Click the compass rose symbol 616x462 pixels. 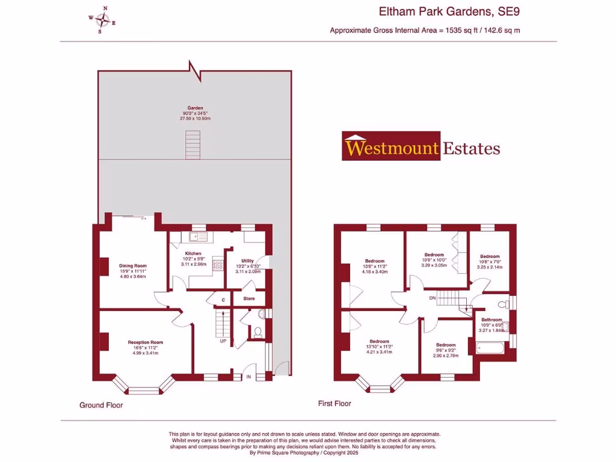tap(103, 20)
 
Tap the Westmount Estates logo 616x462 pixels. tap(421, 146)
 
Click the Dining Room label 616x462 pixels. tap(133, 265)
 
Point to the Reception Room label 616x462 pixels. tap(145, 342)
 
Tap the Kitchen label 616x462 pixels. tap(193, 253)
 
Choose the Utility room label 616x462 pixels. tap(247, 260)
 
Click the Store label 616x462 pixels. tap(249, 298)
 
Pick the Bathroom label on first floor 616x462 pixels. tap(491, 319)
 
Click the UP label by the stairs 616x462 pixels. tap(223, 341)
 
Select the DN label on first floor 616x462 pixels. tap(432, 298)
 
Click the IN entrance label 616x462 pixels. tap(248, 377)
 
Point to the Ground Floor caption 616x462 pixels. tap(101, 405)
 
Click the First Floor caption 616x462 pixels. tap(334, 404)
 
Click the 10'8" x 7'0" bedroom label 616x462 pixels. tap(490, 256)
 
